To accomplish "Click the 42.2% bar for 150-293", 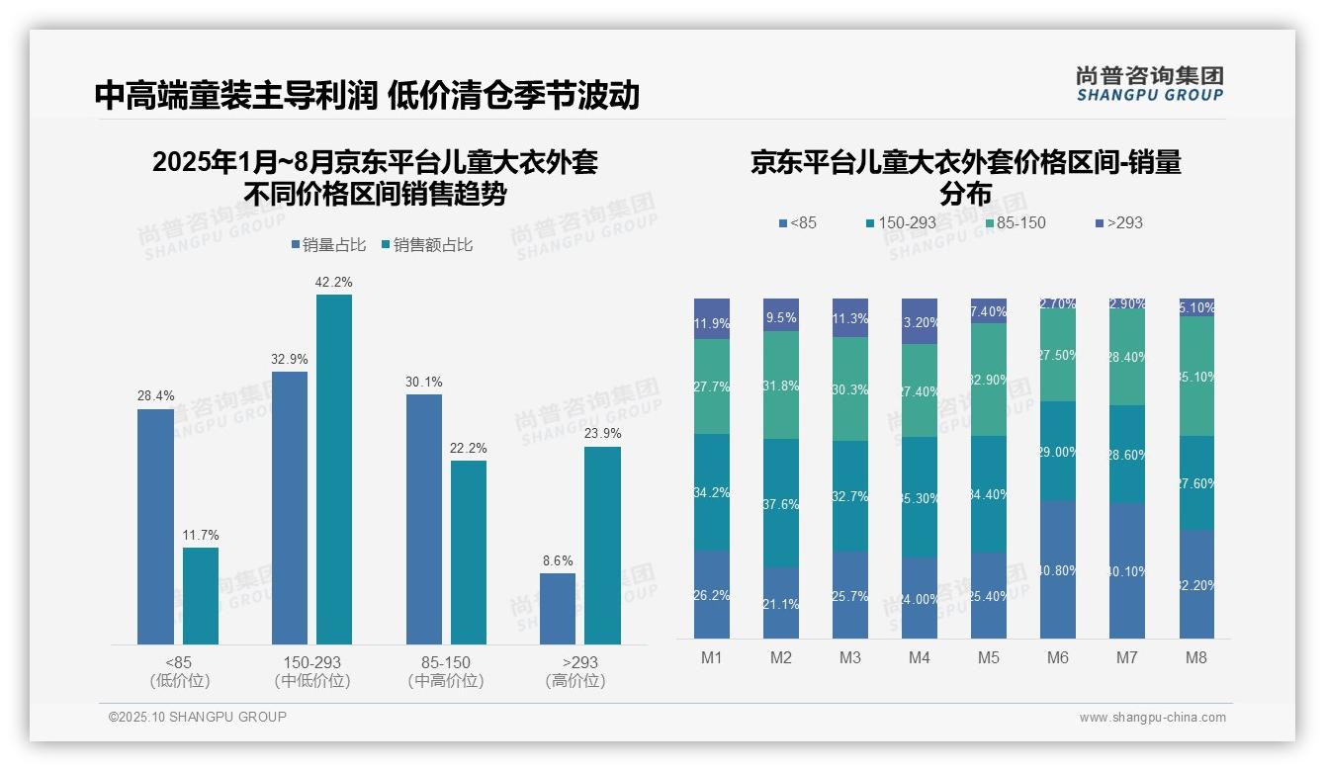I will pos(334,470).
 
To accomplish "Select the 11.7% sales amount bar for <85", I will pos(201,596).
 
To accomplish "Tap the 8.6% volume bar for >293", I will pos(558,609).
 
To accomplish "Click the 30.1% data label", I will pos(424,382).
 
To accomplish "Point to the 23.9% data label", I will pos(602,433).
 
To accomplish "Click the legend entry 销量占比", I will pos(328,245).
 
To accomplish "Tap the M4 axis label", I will pos(920,657).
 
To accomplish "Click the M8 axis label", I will pos(1196,657).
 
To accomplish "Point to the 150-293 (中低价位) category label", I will pos(312,671).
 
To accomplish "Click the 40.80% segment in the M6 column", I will pos(1058,570).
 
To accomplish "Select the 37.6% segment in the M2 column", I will pos(781,503).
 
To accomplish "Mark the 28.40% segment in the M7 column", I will pos(1127,357).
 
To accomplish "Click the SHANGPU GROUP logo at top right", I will pos(1150,84).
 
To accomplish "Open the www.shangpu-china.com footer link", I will pos(1152,718).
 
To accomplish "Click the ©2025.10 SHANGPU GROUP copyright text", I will pos(198,717).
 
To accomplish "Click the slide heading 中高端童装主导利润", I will pos(236,95).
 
